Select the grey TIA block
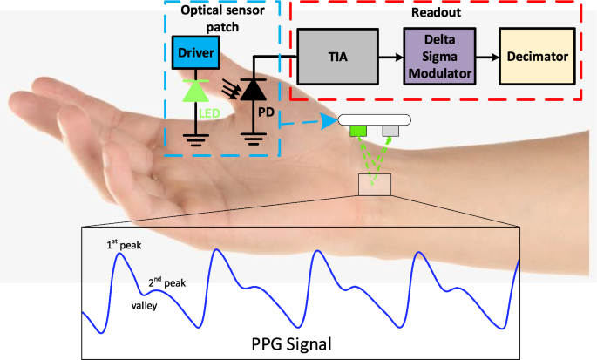336,56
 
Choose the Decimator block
537,56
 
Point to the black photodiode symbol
254,89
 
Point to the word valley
145,306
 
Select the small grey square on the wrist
390,132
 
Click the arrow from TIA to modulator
391,56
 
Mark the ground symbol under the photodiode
254,138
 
